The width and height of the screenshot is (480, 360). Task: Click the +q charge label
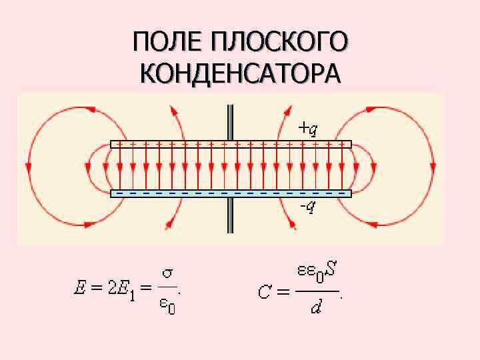308,127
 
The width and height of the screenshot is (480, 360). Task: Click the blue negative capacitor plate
231,193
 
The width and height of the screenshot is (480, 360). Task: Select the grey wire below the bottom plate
231,215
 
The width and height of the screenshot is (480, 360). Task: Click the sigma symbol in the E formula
169,274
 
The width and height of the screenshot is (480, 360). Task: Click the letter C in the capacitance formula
265,292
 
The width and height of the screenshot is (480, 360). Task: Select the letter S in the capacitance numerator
331,272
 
